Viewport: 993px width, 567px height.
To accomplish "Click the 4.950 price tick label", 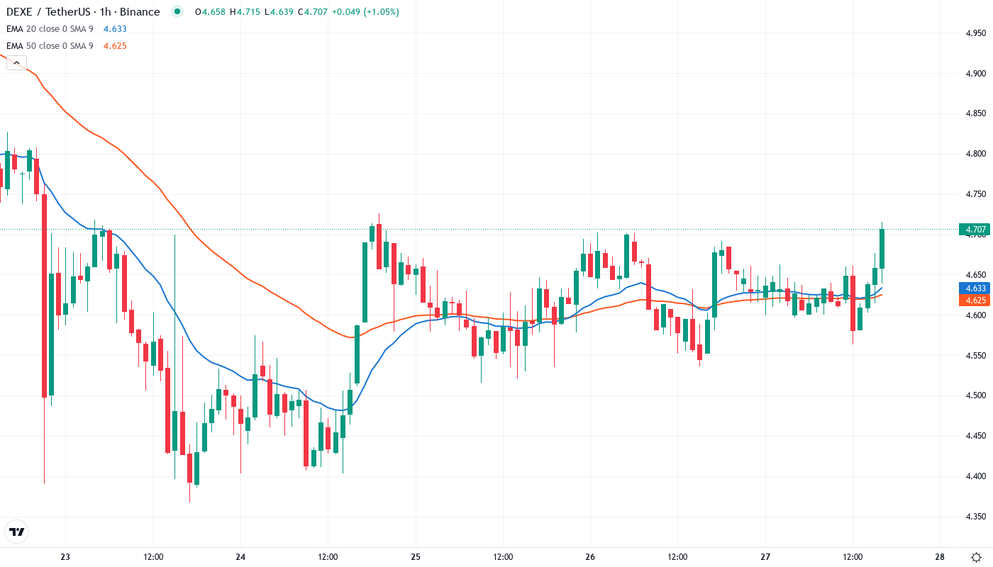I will tap(975, 33).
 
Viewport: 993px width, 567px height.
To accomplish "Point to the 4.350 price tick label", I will tap(975, 517).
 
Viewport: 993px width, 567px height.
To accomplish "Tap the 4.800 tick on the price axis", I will tap(975, 154).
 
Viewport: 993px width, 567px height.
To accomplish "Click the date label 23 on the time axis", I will tap(65, 557).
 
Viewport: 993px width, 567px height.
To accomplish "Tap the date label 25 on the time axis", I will tap(416, 557).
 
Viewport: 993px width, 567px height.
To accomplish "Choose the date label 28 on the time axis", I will tap(940, 557).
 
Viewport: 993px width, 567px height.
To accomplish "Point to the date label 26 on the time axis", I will tap(590, 557).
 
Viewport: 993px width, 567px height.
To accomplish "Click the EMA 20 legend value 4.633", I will tap(115, 29).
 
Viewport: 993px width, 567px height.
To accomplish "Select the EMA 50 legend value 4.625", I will tap(115, 46).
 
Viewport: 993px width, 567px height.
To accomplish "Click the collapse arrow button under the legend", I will tap(16, 63).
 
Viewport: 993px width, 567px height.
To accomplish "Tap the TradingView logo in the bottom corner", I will tap(17, 531).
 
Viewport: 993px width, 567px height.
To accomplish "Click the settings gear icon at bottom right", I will tap(977, 557).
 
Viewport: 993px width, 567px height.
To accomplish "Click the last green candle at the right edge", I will tap(882, 248).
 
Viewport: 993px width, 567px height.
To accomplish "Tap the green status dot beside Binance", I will tap(177, 11).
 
